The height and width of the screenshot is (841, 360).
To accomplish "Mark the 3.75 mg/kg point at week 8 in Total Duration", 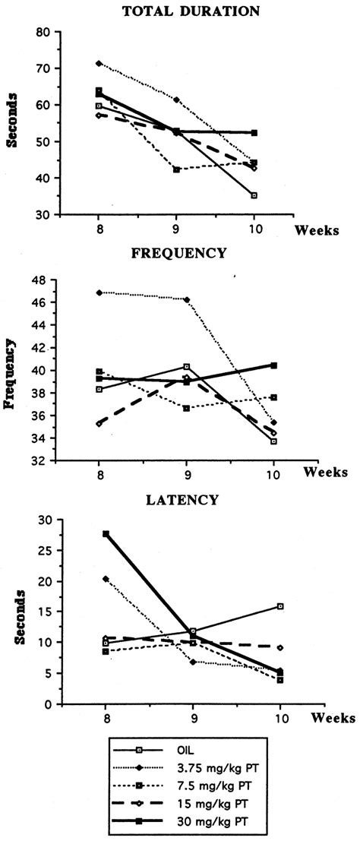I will point(99,63).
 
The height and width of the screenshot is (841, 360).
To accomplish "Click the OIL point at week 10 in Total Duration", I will point(274,195).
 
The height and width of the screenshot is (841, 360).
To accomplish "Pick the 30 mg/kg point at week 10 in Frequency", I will point(274,365).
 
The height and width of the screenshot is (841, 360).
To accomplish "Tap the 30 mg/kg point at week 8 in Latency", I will point(99,534).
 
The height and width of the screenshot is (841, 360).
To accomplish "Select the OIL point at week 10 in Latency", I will point(280,606).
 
